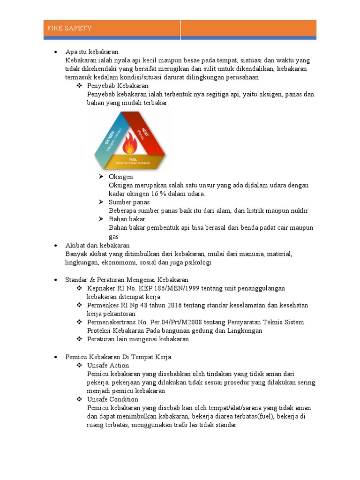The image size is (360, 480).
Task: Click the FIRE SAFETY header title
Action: click(x=69, y=28)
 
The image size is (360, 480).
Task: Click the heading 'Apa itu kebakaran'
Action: click(x=92, y=52)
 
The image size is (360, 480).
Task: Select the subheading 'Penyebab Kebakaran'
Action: click(x=118, y=86)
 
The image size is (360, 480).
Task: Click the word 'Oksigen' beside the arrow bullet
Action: click(x=121, y=177)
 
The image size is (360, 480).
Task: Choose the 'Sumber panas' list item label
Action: click(x=129, y=202)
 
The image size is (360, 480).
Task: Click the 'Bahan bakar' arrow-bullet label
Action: click(x=127, y=219)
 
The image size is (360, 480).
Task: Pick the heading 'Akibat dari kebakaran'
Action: click(x=97, y=245)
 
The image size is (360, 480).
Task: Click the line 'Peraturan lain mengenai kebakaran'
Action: click(x=138, y=339)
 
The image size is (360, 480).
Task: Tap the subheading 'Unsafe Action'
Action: click(x=108, y=365)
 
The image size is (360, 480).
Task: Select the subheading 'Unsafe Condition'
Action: click(x=112, y=399)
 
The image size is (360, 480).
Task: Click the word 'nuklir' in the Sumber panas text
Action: click(x=299, y=210)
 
